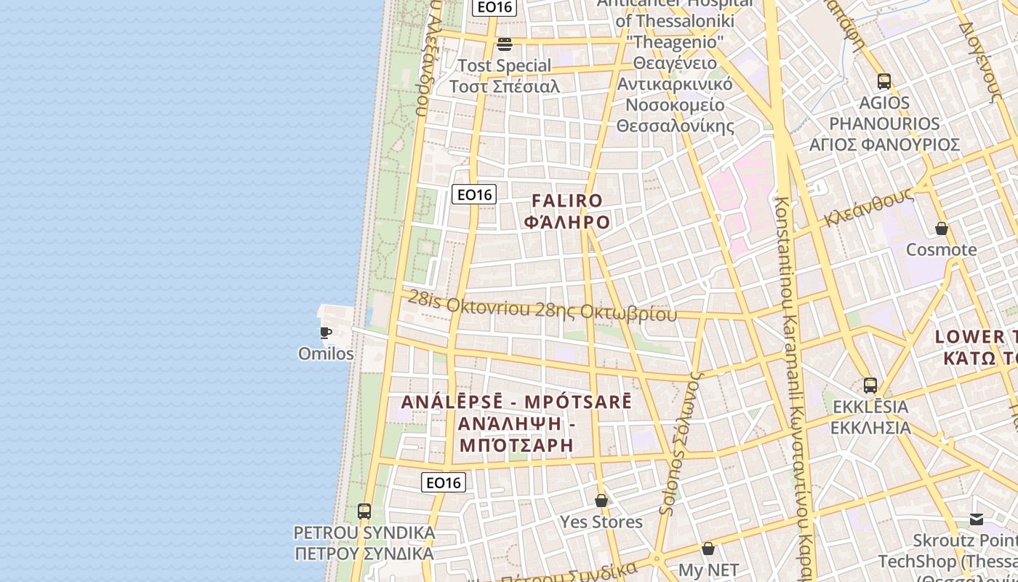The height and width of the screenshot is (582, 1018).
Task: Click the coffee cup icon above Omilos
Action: coord(326,333)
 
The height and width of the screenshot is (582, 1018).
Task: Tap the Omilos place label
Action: coord(326,354)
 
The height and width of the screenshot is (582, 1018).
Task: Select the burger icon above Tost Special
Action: coord(505,44)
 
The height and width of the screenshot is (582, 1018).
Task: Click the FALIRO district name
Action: coord(567,201)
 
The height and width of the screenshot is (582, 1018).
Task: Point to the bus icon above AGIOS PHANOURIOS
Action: coord(884,81)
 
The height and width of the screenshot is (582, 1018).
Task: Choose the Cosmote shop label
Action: coord(941,250)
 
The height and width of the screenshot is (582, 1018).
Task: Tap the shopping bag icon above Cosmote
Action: coord(942,228)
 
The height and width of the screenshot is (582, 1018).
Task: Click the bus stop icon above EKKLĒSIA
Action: coord(870,385)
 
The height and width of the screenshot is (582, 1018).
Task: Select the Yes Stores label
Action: coord(601,522)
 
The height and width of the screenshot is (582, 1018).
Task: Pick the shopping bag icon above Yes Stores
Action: coord(601,501)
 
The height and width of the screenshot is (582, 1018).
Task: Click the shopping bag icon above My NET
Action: coord(708,549)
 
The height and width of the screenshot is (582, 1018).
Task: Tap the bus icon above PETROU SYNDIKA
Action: coord(364,511)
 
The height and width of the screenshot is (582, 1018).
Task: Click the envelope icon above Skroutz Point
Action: coord(977,519)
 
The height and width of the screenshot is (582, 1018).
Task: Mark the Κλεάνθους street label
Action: coord(869,207)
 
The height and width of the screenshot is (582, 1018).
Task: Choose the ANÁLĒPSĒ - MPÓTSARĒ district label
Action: coord(517,402)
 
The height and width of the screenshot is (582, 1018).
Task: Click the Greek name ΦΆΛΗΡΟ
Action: coord(567,222)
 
